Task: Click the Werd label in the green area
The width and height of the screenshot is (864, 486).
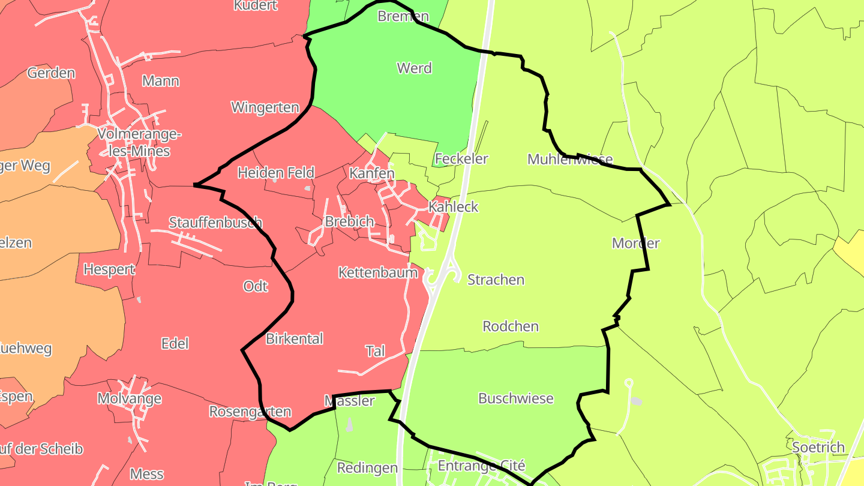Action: pos(414,68)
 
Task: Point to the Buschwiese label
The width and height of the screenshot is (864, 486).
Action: pos(515,398)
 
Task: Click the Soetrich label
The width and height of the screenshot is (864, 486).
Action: pos(818,448)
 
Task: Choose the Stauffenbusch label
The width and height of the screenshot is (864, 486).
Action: pos(215,223)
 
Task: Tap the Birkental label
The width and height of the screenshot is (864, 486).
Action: pos(294,339)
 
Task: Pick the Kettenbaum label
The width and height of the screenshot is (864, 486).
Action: pos(378,273)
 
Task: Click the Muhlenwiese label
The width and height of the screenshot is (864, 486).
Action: pos(570,160)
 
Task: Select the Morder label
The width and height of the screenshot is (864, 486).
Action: pos(635,244)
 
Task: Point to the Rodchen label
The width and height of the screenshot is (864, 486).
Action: pos(511,327)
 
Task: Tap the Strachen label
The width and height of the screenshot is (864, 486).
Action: pos(496,280)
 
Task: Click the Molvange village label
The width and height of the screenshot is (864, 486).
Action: pos(129,399)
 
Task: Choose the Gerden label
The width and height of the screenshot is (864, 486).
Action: pos(51,74)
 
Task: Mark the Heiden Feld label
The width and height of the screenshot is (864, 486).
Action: pos(276,173)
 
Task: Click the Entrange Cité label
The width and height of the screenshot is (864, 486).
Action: pos(481,466)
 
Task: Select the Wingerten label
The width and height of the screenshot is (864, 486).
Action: pos(265,108)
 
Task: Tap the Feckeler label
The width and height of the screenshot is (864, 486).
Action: pos(461,159)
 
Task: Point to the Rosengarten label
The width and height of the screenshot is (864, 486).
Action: pos(250,412)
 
